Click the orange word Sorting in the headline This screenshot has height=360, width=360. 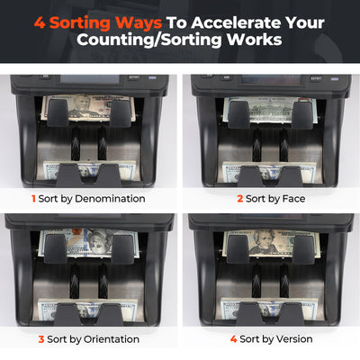pos(80,23)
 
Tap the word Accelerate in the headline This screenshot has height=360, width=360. pos(237,22)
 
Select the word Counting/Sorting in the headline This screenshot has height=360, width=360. pos(148,40)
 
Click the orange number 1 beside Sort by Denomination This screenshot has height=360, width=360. pos(33,199)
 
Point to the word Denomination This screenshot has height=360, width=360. pos(110,199)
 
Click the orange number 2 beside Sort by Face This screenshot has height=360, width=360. pos(240,199)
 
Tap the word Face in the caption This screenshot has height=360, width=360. pos(294,199)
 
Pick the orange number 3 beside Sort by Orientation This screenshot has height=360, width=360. pos(41,339)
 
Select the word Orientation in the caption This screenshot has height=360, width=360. pos(112,339)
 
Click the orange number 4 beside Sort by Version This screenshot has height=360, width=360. pos(234,339)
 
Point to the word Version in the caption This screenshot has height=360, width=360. pos(294,339)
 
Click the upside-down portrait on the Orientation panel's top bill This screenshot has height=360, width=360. pos(97,242)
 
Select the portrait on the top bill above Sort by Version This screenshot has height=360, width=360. pos(264,242)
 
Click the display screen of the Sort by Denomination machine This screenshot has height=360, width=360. pos(90,79)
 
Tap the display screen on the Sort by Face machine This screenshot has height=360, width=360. pos(272,79)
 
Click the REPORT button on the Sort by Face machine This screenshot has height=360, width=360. pos(316,78)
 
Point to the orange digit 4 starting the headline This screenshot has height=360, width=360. pos(40,22)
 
